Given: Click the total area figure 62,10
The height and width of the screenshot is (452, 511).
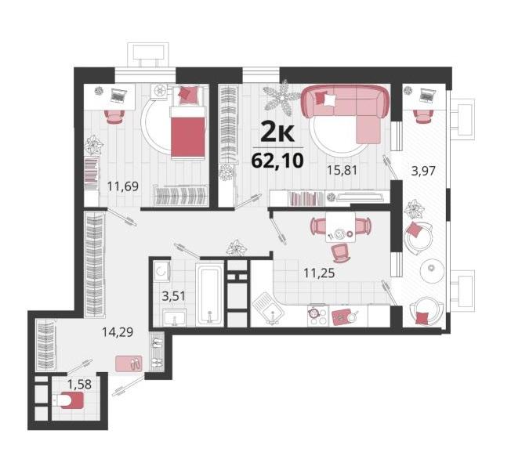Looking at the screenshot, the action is pos(277,161).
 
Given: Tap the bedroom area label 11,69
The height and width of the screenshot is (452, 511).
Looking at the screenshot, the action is pos(123,186).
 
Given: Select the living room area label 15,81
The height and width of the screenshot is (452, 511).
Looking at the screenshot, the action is pos(342,170).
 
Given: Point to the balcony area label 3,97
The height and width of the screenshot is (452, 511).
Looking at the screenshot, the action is pos(423,171).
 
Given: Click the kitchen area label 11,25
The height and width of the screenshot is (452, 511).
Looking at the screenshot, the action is pos(319,273).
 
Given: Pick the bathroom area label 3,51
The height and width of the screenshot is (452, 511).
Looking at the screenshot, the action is pos(174,296).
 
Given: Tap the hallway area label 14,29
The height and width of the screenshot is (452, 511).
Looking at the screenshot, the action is pos(118,332).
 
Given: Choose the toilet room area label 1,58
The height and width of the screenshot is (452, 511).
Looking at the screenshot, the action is pos(79,385).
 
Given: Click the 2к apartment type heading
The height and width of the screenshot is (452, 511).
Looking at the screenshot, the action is pos(277,132).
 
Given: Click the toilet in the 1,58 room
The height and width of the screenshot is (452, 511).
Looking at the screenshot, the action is pos(68,400).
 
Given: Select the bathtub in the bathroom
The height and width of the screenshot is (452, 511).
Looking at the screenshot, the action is pos(210,295).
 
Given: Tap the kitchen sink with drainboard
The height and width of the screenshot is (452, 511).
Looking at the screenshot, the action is pos(269,308).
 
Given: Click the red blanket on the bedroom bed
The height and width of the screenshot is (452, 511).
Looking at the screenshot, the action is pos(188,137).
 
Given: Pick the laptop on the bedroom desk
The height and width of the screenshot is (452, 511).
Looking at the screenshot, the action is pos(118,96).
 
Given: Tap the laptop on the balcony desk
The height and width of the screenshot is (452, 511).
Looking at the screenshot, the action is pos(427,95).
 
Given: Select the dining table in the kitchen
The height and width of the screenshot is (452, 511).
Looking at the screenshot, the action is pos(341,228).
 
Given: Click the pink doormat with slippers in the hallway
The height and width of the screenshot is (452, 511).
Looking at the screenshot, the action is pos(129,363).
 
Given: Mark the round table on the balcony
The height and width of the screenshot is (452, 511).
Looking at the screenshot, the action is pos(432,269).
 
